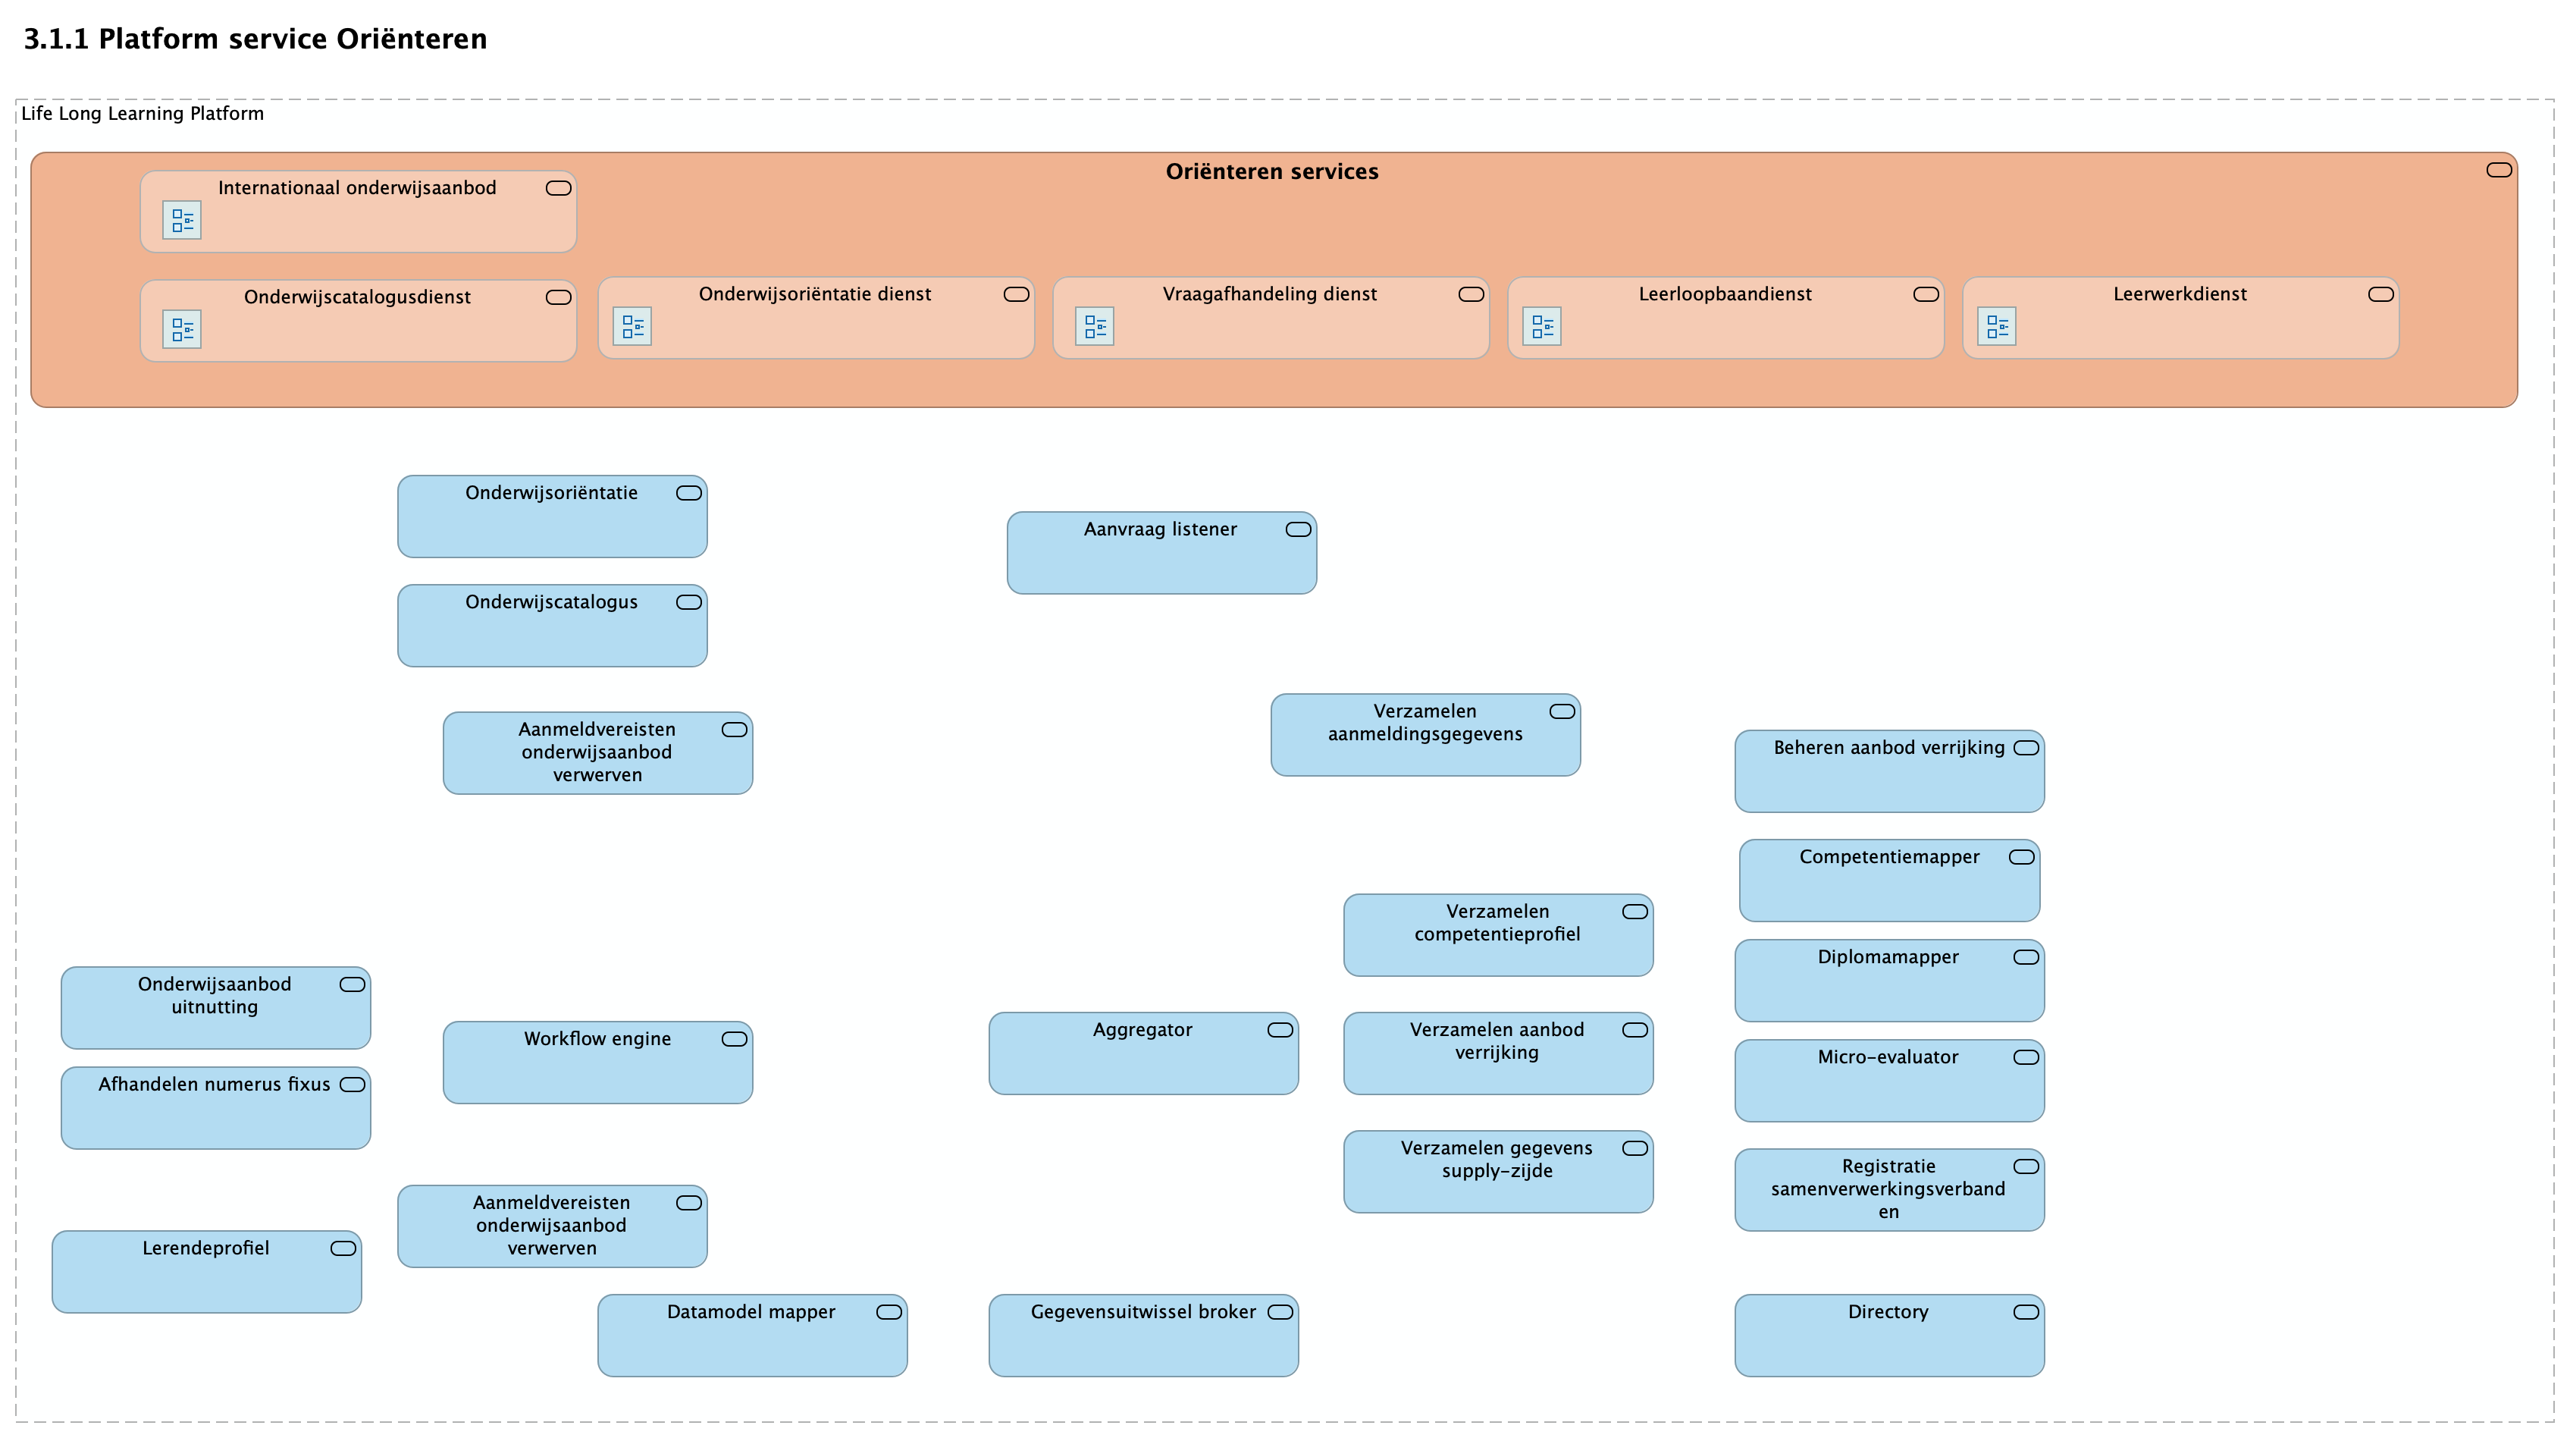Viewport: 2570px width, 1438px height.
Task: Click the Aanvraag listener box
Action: [x=1161, y=553]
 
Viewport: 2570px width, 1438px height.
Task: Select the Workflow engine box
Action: [x=597, y=1062]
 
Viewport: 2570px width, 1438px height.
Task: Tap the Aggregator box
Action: [x=1143, y=1053]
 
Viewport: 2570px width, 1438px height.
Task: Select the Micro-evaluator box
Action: [x=1888, y=1081]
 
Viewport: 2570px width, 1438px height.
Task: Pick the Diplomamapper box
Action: [x=1888, y=980]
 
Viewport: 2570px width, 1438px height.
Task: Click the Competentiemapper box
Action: [x=1888, y=880]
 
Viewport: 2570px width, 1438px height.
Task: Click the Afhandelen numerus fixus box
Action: [x=215, y=1107]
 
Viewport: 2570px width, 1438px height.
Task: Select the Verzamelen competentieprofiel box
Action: [x=1497, y=935]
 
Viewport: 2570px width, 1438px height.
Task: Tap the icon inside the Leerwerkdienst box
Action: [x=1996, y=326]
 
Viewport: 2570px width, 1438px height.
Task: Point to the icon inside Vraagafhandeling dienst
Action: [x=1095, y=326]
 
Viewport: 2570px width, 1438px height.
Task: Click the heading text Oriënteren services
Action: [x=1272, y=171]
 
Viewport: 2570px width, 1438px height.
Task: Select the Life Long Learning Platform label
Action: [x=143, y=114]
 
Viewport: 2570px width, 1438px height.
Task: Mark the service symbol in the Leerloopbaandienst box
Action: [x=1926, y=294]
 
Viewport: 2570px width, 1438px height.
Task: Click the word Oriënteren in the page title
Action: [x=411, y=39]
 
